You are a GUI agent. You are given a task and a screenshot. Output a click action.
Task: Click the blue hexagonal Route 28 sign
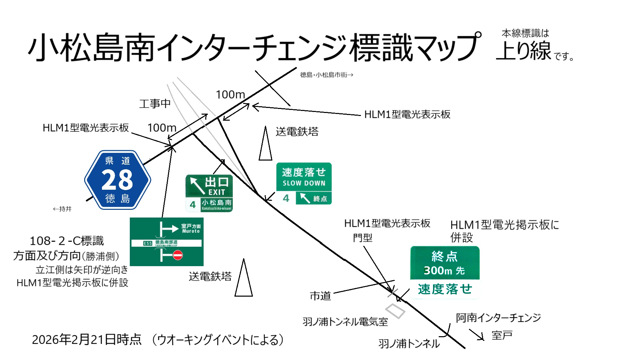[117, 180]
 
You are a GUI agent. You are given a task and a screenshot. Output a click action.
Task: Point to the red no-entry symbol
[178, 255]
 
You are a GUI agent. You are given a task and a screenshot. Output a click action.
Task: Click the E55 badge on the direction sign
[148, 243]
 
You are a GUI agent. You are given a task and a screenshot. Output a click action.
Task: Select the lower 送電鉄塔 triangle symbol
[244, 279]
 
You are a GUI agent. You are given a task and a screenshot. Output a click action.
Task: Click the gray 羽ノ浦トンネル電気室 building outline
[395, 311]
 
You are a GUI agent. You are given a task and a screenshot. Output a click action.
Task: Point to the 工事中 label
[155, 104]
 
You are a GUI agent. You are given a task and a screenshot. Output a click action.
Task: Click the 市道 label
[320, 296]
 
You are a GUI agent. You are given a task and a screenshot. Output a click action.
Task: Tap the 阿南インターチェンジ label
[498, 317]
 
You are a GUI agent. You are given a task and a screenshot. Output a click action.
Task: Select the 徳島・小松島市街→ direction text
[326, 75]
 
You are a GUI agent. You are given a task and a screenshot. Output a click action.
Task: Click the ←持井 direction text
[62, 209]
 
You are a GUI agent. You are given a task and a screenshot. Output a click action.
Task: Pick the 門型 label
[363, 238]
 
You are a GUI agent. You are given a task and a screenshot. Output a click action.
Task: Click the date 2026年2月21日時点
[87, 340]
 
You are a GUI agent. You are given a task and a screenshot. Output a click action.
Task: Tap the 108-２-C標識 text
[67, 241]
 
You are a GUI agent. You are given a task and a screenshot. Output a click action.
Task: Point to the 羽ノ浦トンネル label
[409, 344]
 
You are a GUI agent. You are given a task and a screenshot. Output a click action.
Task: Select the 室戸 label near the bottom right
[502, 335]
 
